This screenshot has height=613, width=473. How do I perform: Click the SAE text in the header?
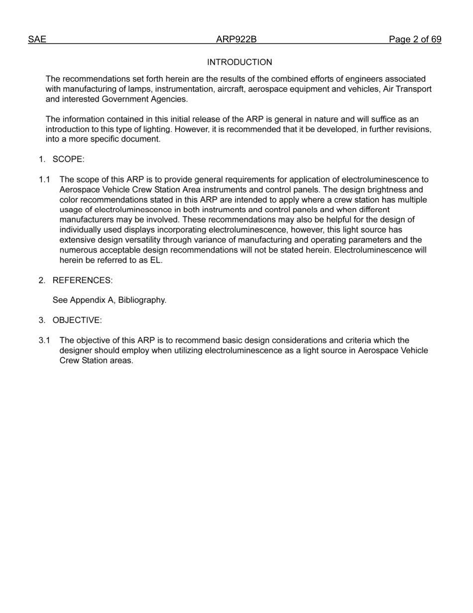37,40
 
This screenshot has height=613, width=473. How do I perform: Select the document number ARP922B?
236,40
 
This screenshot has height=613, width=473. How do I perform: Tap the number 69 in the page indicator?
436,40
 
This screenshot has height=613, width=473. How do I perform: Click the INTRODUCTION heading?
239,62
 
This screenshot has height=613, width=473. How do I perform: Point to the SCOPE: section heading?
68,159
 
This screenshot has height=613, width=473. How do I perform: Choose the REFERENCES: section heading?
82,280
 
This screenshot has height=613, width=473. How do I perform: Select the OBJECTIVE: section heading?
77,320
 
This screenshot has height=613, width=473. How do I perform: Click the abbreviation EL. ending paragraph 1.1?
156,260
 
